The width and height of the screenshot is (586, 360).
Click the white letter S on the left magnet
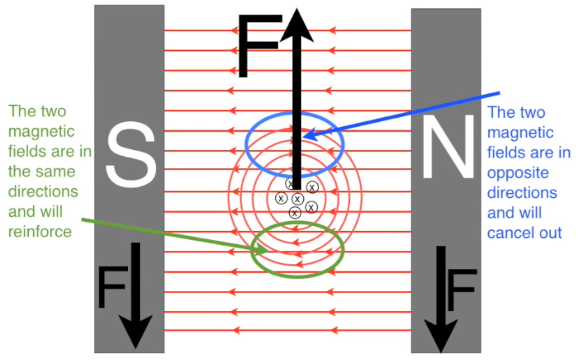click(x=131, y=155)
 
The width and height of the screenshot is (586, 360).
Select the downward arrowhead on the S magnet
click(x=135, y=331)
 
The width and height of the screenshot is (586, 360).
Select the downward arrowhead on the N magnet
click(x=441, y=334)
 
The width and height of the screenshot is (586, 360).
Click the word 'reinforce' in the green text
click(x=40, y=232)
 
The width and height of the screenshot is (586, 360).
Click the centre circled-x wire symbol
click(x=297, y=199)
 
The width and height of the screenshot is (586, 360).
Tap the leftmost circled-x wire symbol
click(x=281, y=198)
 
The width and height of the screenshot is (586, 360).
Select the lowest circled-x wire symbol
click(x=295, y=213)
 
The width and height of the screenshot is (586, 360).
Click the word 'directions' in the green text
click(x=43, y=192)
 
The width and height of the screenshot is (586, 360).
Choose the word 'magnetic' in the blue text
click(x=520, y=133)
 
